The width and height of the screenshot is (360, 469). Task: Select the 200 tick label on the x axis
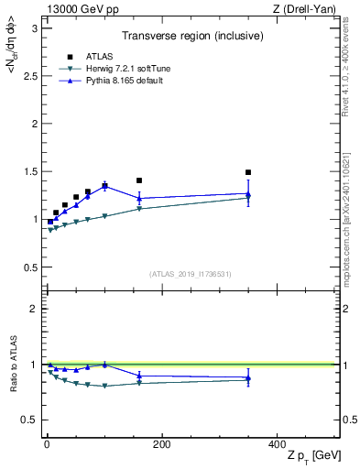coord(161,444)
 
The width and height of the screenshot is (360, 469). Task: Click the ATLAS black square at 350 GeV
coord(248,172)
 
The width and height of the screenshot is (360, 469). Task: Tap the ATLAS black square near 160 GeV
coord(139,180)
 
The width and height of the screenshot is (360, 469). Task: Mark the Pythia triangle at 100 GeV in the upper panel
coord(104,186)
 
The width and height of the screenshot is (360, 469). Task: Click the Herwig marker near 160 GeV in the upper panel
coord(139,209)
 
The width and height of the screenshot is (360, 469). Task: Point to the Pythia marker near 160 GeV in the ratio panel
coord(139,376)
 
